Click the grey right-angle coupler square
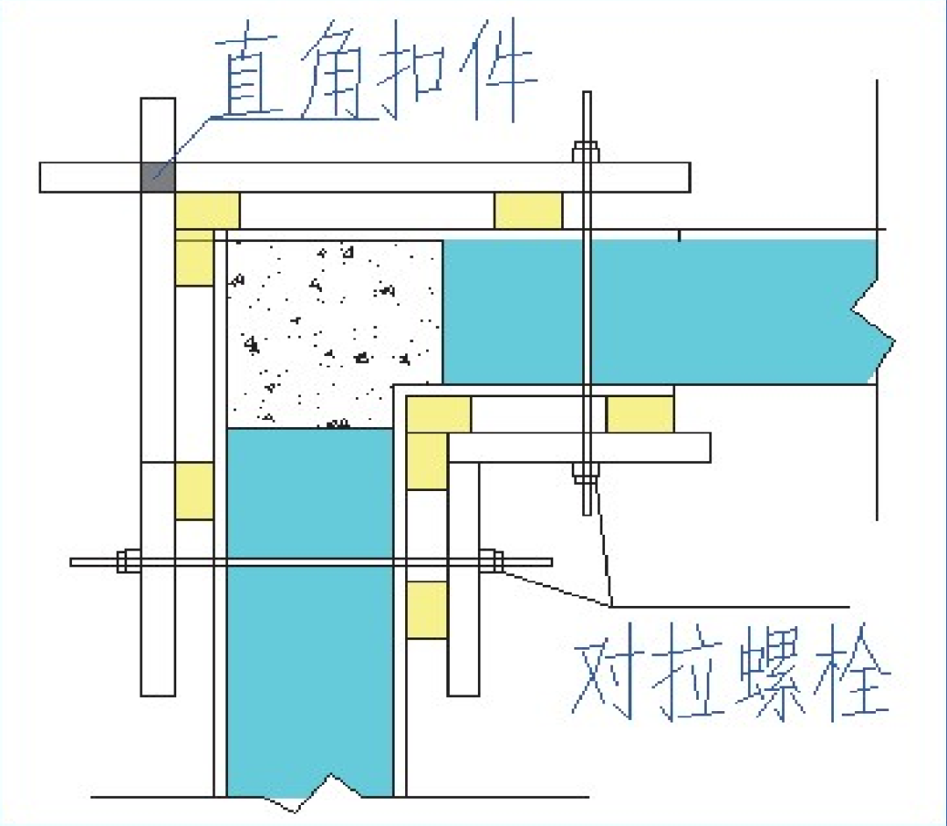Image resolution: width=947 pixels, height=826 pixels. [158, 177]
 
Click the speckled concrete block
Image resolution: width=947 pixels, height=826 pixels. [333, 333]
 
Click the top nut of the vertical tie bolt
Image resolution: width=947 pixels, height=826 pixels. [585, 152]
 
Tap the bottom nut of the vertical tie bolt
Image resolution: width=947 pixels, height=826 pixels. [585, 474]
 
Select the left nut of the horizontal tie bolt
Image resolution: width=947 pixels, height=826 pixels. [128, 560]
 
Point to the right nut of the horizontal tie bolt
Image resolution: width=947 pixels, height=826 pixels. [492, 560]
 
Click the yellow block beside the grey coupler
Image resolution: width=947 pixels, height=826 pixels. [207, 210]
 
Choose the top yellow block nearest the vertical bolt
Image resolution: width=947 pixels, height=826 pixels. [528, 210]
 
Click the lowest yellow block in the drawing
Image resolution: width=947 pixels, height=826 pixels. [427, 610]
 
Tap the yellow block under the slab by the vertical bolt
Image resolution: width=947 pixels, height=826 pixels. [640, 414]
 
